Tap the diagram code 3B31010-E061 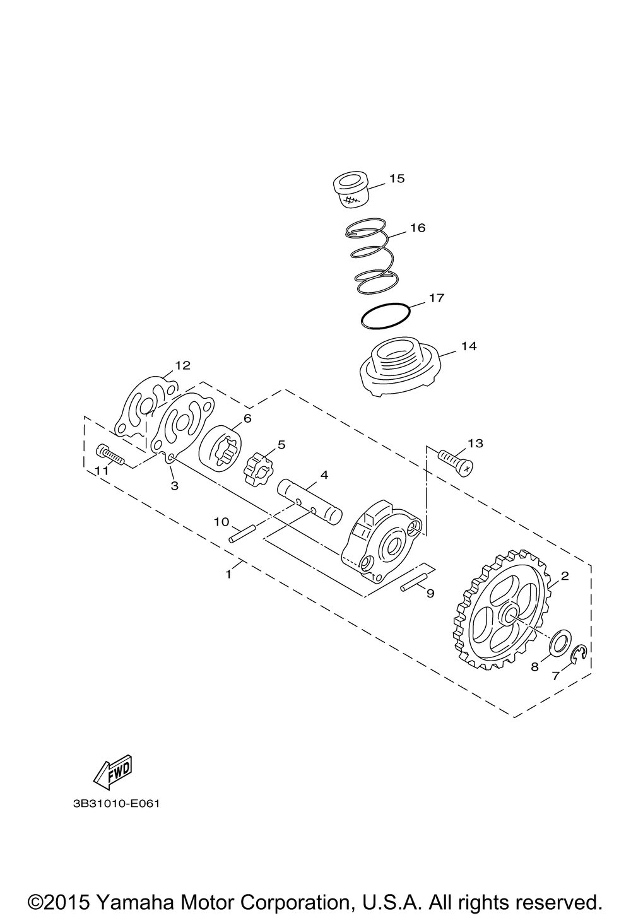[x=116, y=804]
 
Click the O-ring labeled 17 [x=385, y=316]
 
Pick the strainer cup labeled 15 [x=351, y=190]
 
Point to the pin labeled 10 [x=242, y=533]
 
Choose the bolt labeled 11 [x=110, y=455]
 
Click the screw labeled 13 [x=456, y=462]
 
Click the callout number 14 [x=469, y=346]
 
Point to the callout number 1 [x=228, y=575]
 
